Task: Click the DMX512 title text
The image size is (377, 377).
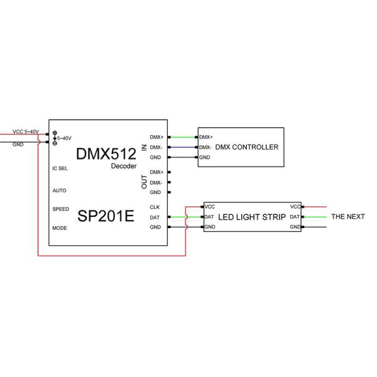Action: click(x=106, y=154)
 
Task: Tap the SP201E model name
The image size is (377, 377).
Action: click(x=106, y=216)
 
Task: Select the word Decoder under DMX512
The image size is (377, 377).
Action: click(x=123, y=166)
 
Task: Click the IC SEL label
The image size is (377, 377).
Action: click(x=60, y=168)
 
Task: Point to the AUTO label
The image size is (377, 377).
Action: click(x=59, y=190)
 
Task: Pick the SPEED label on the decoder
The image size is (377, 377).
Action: click(x=60, y=209)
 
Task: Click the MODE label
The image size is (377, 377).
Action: click(x=59, y=227)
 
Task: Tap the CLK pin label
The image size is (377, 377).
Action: click(x=155, y=207)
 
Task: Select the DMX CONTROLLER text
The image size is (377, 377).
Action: click(x=246, y=147)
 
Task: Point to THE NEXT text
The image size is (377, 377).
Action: click(x=347, y=217)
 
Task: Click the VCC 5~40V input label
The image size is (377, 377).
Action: click(x=26, y=132)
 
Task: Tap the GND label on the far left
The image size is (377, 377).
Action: click(x=18, y=143)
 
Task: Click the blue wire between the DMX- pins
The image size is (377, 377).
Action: click(x=183, y=147)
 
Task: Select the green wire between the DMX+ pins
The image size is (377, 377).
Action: click(x=183, y=137)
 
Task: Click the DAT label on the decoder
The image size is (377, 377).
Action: click(x=155, y=217)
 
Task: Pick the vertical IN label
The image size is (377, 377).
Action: click(x=145, y=147)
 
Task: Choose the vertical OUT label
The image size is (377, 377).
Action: click(x=145, y=182)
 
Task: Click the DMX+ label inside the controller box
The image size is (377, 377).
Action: click(x=206, y=137)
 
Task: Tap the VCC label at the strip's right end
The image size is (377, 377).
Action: click(x=295, y=207)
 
